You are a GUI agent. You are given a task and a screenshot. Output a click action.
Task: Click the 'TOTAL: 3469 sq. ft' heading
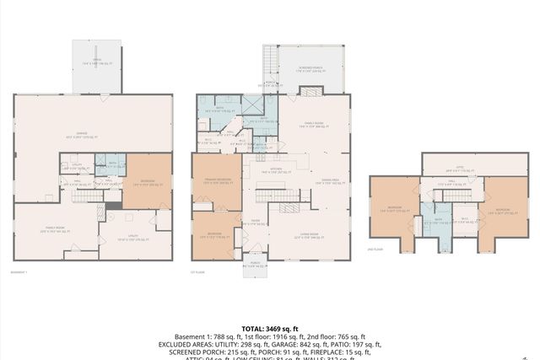pyautogui.click(x=269, y=329)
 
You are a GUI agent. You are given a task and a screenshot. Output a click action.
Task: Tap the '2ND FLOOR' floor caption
pyautogui.click(x=377, y=250)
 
